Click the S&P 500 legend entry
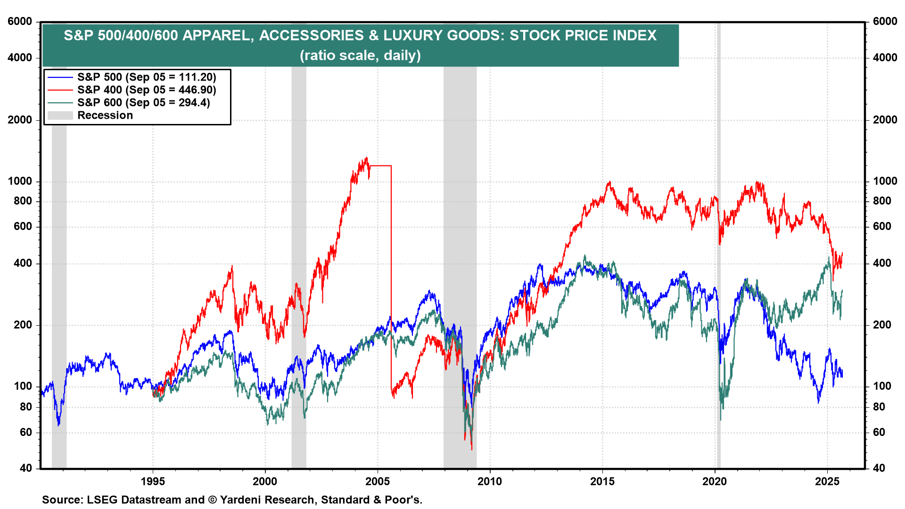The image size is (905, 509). pos(146,77)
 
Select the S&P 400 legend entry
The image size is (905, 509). pos(146,90)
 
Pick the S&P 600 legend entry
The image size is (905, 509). pos(143,103)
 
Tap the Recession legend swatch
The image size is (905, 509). pos(60,115)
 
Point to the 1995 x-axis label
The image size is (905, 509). pos(153,481)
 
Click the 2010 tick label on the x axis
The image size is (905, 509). pos(490,481)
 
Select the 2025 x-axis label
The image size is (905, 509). pos(827,481)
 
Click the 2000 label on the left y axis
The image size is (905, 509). pos(20,120)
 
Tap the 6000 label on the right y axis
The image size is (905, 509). pos(885,22)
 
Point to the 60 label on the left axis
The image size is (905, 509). pos(26,432)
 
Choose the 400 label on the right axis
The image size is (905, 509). pos(882,263)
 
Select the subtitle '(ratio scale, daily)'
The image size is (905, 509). pos(360,56)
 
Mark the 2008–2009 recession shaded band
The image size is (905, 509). pos(460,264)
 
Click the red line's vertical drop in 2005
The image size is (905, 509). pos(391,278)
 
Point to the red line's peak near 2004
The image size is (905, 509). pos(366,159)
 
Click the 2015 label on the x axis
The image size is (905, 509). pos(602,481)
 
